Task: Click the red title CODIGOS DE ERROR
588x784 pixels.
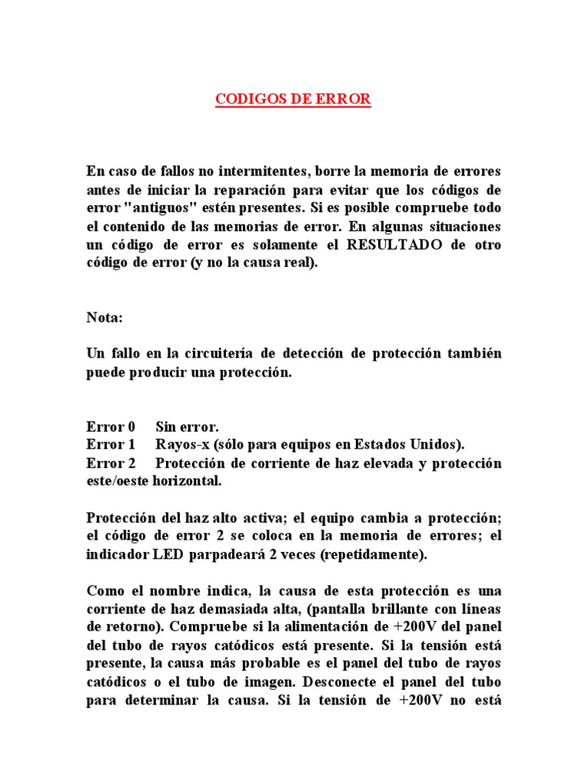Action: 293,100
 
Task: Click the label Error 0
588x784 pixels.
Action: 111,426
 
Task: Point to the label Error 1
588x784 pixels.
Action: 111,445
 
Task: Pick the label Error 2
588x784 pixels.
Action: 111,464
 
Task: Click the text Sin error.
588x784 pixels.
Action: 187,426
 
